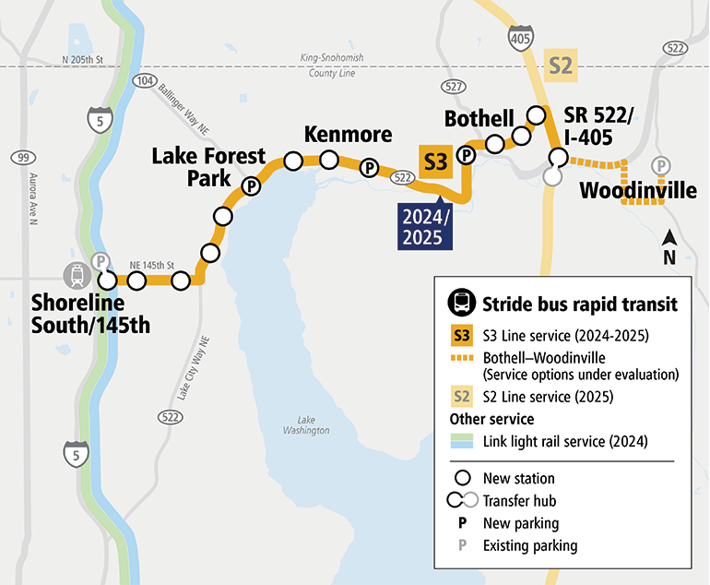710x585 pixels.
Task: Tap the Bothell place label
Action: pos(479,119)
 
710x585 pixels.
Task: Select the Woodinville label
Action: pos(637,191)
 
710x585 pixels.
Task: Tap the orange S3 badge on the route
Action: pos(435,161)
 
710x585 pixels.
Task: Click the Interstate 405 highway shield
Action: pos(519,38)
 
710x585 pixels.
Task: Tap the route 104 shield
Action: pos(145,81)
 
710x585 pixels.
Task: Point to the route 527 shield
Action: pos(452,86)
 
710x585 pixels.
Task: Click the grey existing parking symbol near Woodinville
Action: pos(660,166)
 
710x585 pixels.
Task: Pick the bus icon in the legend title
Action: pos(461,303)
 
